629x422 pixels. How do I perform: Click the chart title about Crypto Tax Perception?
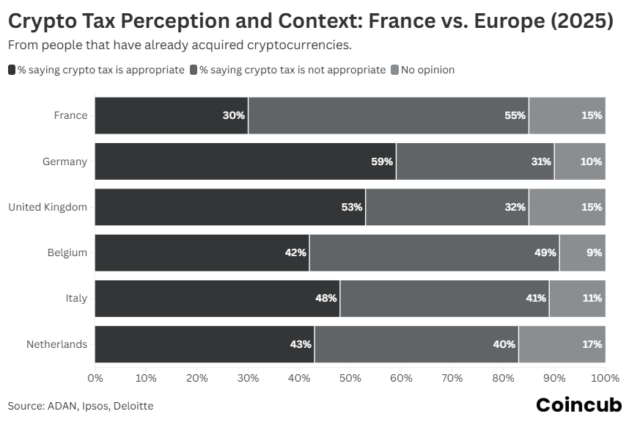point(310,21)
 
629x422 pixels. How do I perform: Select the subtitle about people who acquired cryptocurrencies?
point(180,46)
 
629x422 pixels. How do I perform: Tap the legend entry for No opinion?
point(427,70)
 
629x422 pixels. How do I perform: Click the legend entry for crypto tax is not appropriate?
point(292,70)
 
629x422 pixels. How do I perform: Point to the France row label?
point(70,115)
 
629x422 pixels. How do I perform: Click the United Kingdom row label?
point(48,207)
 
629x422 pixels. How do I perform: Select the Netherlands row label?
point(56,344)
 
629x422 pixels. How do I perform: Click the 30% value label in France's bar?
point(234,115)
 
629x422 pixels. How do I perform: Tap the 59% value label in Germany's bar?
point(382,161)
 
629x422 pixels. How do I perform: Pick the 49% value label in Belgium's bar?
point(545,252)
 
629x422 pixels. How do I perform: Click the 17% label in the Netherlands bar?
point(592,344)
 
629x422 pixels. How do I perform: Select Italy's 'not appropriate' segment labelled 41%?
point(444,298)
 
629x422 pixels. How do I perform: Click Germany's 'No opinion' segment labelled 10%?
point(580,161)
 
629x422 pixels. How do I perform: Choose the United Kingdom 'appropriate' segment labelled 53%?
point(230,207)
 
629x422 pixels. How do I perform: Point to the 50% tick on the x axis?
point(350,378)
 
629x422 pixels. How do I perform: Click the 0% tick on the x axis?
point(95,378)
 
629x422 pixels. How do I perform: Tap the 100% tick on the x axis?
point(605,378)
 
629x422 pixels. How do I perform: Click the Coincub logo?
point(578,404)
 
